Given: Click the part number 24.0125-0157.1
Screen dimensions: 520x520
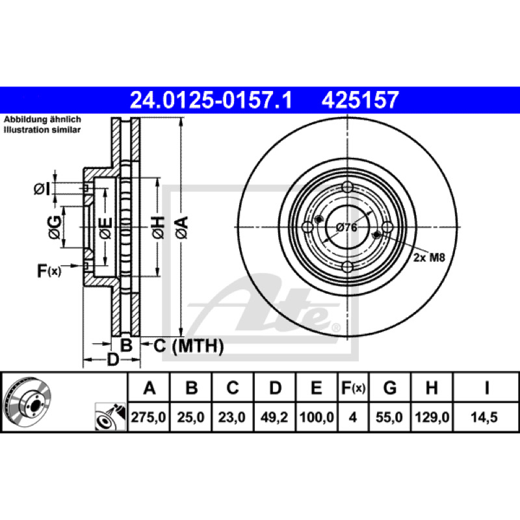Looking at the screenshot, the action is click(211, 100).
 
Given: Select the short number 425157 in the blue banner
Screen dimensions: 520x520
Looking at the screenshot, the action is click(360, 100).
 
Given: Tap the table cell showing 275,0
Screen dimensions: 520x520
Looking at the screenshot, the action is click(148, 417).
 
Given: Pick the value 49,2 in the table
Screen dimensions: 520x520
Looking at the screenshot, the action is click(274, 417).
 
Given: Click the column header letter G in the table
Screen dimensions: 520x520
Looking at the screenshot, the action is click(389, 387).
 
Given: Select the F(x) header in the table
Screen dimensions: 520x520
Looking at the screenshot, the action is click(353, 387).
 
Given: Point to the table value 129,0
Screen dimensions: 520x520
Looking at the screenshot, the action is click(432, 417).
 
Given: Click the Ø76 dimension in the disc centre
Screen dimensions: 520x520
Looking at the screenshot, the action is click(346, 227).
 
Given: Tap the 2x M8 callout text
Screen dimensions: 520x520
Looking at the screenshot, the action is click(429, 257).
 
